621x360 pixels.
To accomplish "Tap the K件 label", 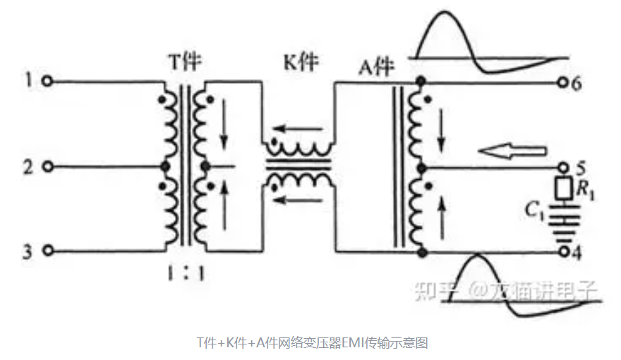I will click(300, 62).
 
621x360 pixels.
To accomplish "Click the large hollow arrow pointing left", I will click(512, 151).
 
